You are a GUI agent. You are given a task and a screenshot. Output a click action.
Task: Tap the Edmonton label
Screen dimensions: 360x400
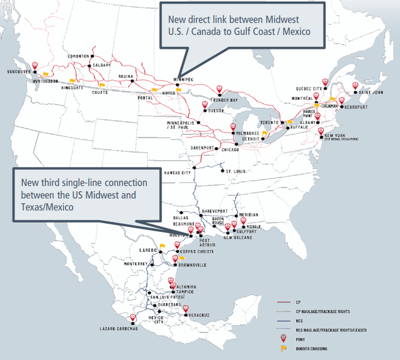point(79,56)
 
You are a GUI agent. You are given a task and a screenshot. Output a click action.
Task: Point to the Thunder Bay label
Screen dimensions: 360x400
point(225,100)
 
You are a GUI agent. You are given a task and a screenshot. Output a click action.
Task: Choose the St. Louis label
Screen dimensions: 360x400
point(236,171)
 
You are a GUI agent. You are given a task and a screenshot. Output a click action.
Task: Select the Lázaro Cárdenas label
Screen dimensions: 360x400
point(118,328)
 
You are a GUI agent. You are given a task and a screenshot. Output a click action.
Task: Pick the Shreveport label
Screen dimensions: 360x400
point(214,211)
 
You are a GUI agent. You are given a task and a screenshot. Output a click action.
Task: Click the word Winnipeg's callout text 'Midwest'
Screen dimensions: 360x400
point(294,18)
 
